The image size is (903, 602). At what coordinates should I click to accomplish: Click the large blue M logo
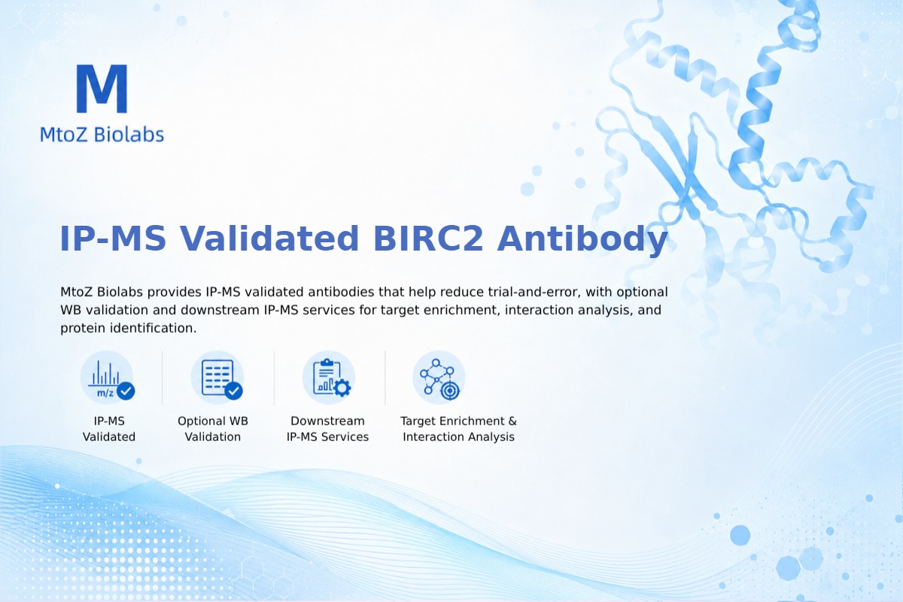102,88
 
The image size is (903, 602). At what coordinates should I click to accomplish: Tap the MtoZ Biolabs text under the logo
102,135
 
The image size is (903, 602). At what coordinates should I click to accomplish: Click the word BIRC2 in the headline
428,239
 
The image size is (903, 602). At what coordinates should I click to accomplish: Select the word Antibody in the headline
582,240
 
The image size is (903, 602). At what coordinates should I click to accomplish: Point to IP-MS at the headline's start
112,239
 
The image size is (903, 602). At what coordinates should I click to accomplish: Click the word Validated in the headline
269,239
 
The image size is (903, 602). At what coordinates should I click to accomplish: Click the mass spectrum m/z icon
107,378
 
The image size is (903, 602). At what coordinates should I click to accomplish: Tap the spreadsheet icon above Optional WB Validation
217,378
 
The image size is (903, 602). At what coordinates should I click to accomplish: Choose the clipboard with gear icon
329,378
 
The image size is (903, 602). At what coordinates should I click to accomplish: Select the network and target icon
439,378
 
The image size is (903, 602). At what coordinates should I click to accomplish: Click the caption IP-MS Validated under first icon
109,429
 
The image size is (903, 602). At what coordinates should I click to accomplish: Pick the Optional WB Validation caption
213,429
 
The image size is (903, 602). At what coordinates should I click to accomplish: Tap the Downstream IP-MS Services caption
328,429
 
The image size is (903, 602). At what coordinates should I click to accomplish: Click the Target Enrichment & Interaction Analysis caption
458,429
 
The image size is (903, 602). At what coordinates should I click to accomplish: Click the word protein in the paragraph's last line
83,329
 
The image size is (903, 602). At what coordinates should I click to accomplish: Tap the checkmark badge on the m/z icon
126,391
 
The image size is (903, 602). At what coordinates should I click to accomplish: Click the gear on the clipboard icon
342,388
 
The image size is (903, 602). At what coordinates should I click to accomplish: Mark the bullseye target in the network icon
450,391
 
